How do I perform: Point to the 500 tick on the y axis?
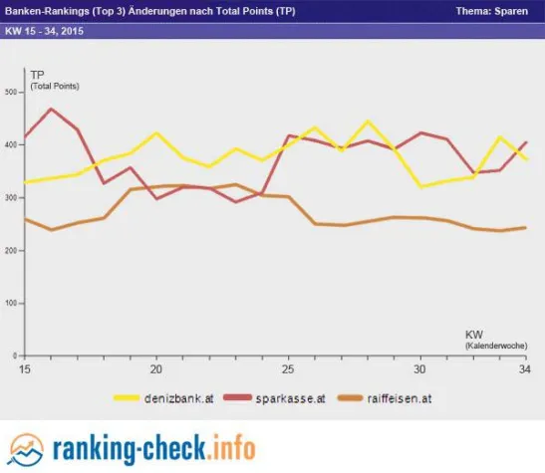pos(13,93)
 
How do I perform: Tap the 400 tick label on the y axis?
pos(13,145)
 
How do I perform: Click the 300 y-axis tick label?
pos(13,198)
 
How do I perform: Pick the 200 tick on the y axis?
pos(13,251)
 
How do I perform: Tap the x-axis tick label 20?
pos(156,367)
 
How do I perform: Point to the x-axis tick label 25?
pos(288,367)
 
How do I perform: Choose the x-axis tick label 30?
pos(419,367)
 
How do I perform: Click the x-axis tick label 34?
pos(525,367)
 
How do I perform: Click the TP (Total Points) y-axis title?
pos(54,81)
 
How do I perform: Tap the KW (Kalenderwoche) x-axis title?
pos(487,338)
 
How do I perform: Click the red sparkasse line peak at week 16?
pos(51,109)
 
